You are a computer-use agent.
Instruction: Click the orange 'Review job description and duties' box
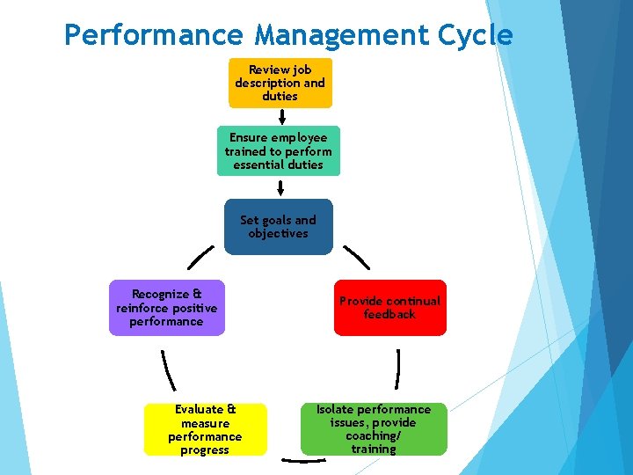[x=280, y=83]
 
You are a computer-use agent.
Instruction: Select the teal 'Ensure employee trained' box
[x=278, y=151]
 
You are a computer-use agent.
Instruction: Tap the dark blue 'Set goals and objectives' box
[x=279, y=227]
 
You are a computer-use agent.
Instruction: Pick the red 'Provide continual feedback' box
[x=389, y=308]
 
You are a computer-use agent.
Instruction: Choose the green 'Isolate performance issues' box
[x=374, y=429]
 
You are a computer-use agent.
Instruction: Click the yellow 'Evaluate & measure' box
[x=205, y=429]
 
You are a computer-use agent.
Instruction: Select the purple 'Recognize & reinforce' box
[x=166, y=308]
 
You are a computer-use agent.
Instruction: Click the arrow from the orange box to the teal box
[x=281, y=117]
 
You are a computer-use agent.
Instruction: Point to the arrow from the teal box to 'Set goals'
[x=280, y=187]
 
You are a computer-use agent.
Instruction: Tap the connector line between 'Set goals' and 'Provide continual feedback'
[x=356, y=257]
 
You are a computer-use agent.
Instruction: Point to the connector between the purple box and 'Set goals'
[x=200, y=258]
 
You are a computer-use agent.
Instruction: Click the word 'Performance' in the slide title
[x=155, y=35]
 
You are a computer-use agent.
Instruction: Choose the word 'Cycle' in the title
[x=480, y=35]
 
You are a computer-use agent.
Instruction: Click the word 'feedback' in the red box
[x=389, y=315]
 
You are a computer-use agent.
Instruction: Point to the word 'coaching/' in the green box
[x=374, y=436]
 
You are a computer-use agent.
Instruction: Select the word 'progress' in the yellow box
[x=205, y=450]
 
